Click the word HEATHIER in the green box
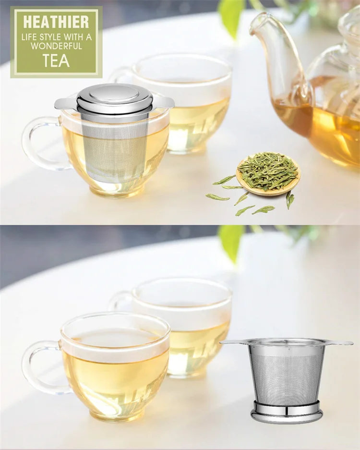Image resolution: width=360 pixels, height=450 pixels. click(x=56, y=22)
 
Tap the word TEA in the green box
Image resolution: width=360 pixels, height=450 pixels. click(x=56, y=60)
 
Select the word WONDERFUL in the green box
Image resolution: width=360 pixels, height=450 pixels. click(x=56, y=46)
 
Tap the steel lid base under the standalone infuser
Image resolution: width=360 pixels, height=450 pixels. click(x=287, y=412)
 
